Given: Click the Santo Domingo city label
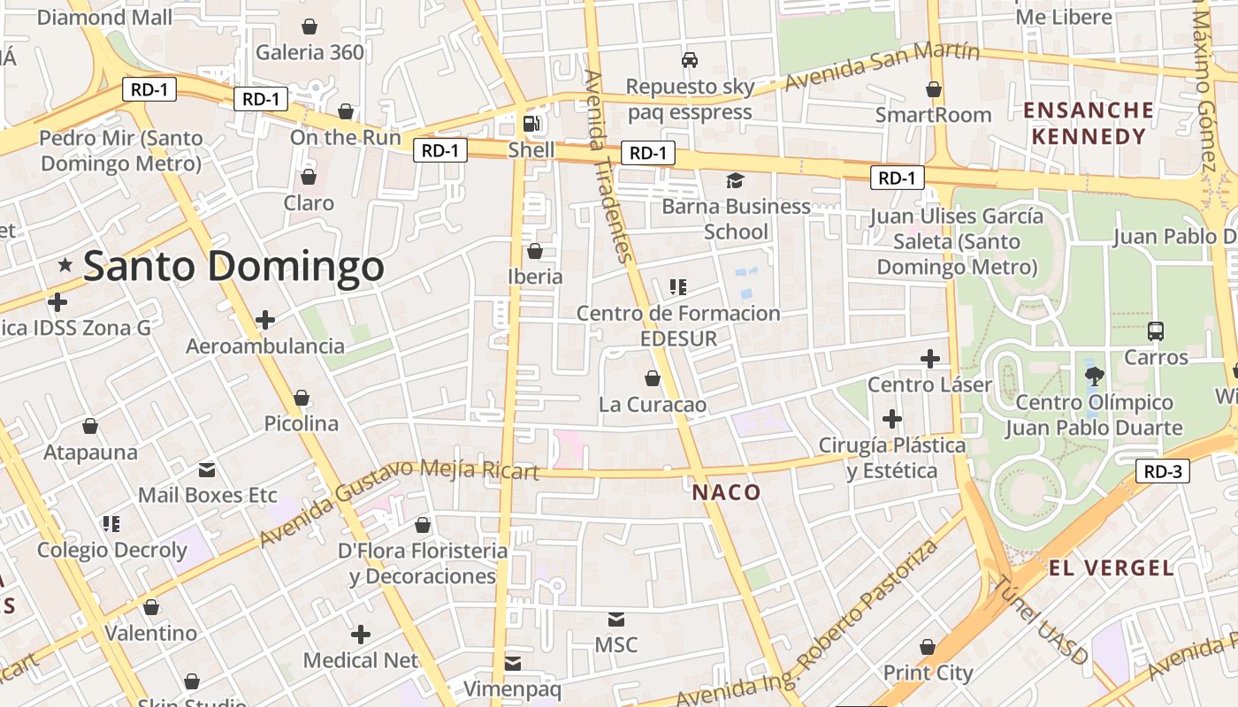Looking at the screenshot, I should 234,267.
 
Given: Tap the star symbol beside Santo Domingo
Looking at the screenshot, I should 65,264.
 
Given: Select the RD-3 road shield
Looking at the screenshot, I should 1162,471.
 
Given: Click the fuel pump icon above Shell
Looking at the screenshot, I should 531,124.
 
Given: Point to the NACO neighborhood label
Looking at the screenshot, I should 726,492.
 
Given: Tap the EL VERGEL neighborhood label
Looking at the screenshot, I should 1112,567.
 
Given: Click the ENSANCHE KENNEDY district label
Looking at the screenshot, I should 1089,124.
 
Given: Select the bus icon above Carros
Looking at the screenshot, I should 1155,331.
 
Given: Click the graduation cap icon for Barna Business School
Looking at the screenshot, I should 735,181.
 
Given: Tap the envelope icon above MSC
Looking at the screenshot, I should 615,620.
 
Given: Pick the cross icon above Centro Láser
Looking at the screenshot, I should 929,359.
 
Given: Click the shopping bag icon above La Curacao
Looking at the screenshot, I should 653,378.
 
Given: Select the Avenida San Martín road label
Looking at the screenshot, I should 882,66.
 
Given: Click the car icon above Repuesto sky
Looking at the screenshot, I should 690,60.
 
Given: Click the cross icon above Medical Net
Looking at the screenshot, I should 360,634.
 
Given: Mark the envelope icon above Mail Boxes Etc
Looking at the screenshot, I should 207,468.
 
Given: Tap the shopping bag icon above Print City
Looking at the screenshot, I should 928,647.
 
